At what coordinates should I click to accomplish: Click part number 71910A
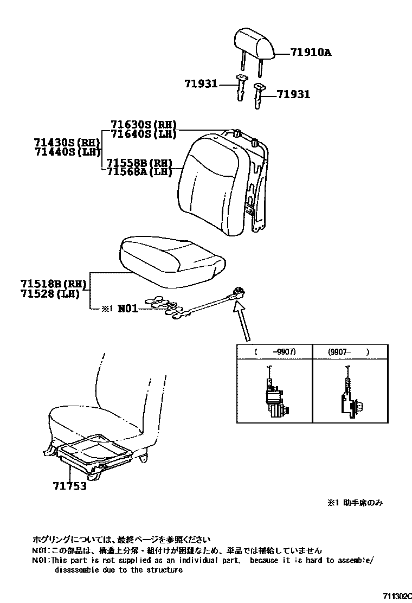tap(310, 53)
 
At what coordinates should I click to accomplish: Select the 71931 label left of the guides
tap(200, 84)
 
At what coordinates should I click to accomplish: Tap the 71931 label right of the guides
tap(293, 94)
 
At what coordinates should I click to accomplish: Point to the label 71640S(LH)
tap(144, 134)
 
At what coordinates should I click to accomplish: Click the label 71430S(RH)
tap(67, 143)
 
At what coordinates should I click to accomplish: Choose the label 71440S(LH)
tap(67, 152)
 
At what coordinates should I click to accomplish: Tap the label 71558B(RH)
tap(139, 163)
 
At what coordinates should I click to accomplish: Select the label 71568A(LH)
tap(139, 172)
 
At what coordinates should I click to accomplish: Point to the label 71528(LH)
tap(50, 294)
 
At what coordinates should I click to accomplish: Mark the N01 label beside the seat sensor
tap(128, 309)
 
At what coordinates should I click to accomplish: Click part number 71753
tap(69, 486)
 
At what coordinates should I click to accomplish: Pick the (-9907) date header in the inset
tap(275, 351)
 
